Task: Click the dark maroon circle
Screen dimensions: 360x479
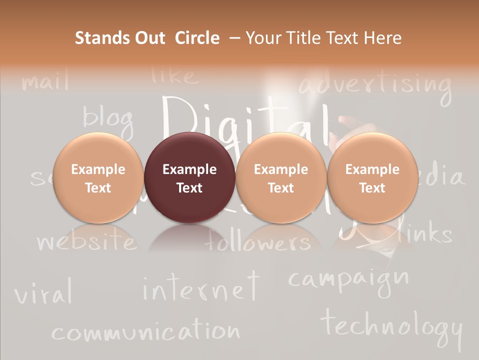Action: click(x=190, y=177)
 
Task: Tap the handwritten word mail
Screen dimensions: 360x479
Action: click(x=46, y=81)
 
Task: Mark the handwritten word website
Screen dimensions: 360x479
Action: click(x=86, y=242)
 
